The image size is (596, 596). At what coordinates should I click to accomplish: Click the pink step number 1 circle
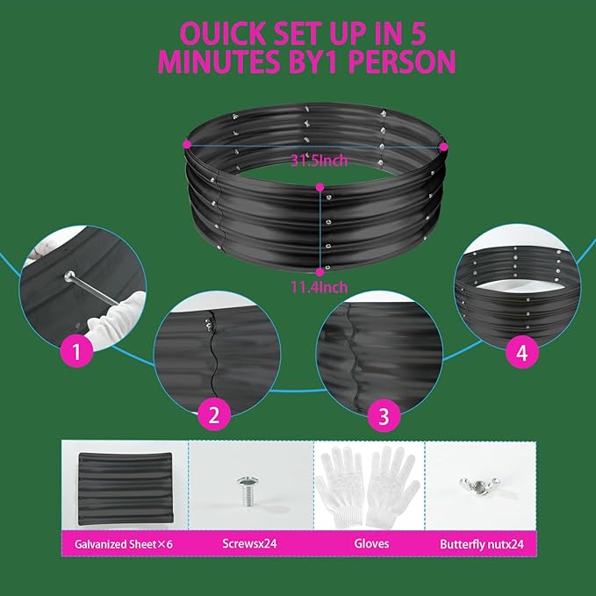coord(76,353)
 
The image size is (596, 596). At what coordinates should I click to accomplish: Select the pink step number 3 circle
coord(383,415)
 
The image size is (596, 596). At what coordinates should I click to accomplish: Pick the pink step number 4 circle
coord(522,353)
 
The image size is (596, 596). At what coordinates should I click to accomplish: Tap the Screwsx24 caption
coord(251,544)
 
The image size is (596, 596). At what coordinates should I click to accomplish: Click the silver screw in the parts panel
coord(247,487)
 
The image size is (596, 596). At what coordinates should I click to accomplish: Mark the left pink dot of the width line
coord(187,143)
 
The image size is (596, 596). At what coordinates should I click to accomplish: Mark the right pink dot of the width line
coord(443,146)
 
